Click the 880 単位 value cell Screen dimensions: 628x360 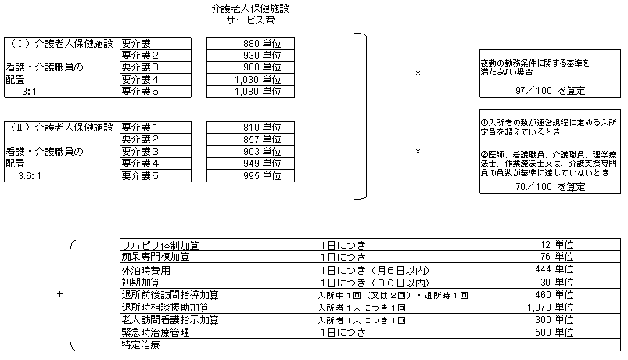pyautogui.click(x=250, y=43)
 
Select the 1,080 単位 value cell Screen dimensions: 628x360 pyautogui.click(x=250, y=92)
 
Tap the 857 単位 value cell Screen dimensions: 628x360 pyautogui.click(x=250, y=139)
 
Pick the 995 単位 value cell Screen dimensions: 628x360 pyautogui.click(x=250, y=175)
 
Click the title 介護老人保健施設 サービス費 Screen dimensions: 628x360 pyautogui.click(x=250, y=14)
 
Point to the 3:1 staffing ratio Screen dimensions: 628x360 pyautogui.click(x=29, y=92)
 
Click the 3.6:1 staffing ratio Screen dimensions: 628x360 pyautogui.click(x=30, y=175)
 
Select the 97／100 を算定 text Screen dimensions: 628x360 pyautogui.click(x=550, y=91)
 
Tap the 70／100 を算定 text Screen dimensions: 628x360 pyautogui.click(x=550, y=187)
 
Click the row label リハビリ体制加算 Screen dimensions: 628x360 pyautogui.click(x=160, y=245)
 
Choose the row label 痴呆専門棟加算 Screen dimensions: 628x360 pyautogui.click(x=156, y=257)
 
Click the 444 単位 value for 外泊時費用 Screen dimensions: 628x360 pyautogui.click(x=554, y=269)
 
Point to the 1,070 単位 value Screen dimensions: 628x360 pyautogui.click(x=551, y=308)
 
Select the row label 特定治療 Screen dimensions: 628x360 pyautogui.click(x=141, y=345)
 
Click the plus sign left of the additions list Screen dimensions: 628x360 pyautogui.click(x=59, y=293)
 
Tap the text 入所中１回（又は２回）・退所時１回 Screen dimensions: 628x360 pyautogui.click(x=393, y=296)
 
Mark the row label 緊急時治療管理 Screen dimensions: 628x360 pyautogui.click(x=156, y=332)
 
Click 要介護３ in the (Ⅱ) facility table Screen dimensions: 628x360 pyautogui.click(x=140, y=152)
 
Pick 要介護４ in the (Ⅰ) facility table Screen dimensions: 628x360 pyautogui.click(x=140, y=79)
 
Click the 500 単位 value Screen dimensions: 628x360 pyautogui.click(x=554, y=332)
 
